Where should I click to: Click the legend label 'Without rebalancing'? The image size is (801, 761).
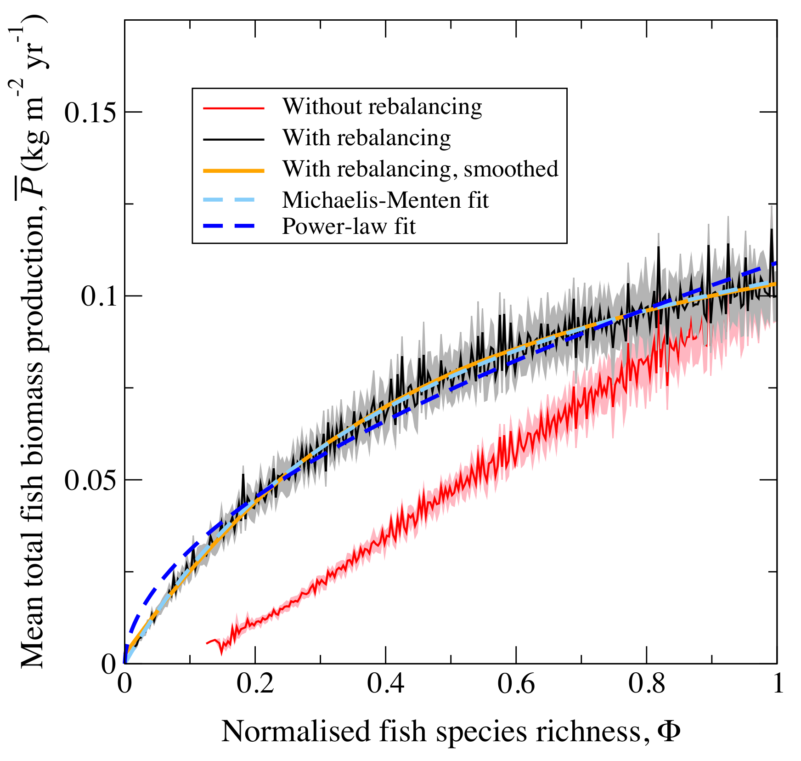382,107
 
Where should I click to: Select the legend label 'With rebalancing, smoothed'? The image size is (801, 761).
420,169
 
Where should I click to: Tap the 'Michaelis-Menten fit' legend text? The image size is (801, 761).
385,200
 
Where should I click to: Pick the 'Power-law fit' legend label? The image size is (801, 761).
349,227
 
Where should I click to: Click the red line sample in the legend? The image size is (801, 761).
234,108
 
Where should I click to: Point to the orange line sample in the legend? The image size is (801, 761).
234,170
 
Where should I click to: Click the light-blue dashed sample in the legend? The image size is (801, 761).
234,201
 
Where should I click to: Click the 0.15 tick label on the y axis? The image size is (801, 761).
90,112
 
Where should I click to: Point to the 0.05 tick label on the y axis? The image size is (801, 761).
90,480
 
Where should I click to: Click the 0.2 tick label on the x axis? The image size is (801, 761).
255,685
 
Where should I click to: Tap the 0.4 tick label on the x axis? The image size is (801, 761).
385,685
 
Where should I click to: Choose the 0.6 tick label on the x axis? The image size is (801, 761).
516,685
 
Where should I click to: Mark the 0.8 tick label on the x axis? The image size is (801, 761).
647,685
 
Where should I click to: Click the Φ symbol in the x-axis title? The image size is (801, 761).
669,731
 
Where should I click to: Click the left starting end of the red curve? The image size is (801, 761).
207,643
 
